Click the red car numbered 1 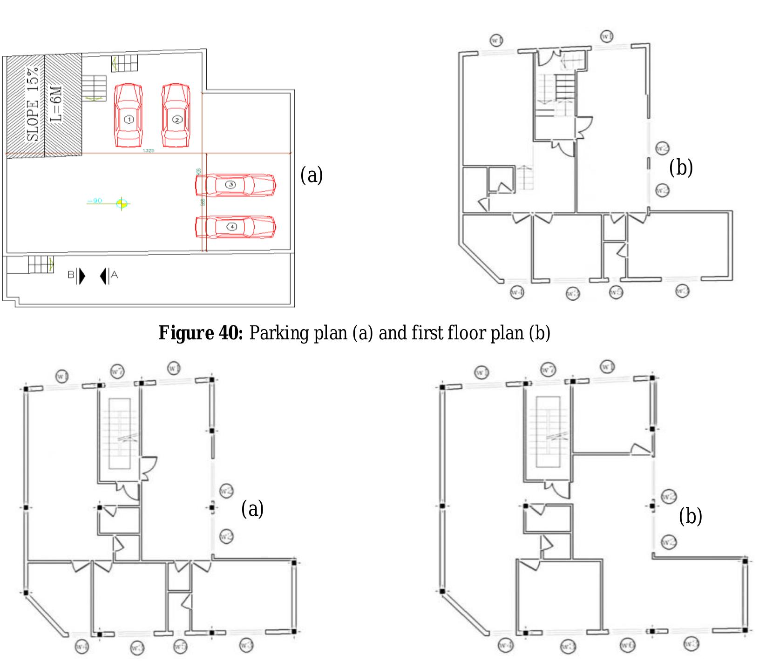(x=129, y=115)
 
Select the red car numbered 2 (x=176, y=115)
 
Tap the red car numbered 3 (x=235, y=185)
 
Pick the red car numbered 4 (x=235, y=227)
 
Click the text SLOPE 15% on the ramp (x=33, y=103)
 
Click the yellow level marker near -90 (x=122, y=202)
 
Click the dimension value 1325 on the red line (x=149, y=150)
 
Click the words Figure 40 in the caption (x=201, y=333)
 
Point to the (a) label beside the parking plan (x=312, y=175)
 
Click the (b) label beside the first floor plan (x=681, y=167)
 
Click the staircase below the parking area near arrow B (x=40, y=265)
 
